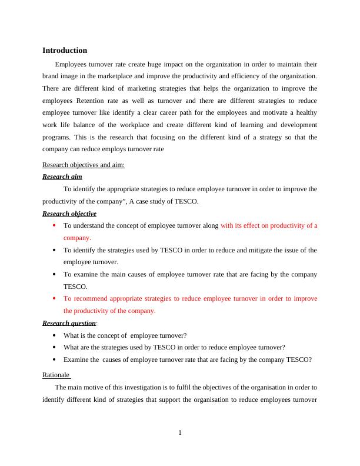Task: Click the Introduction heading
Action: (65, 51)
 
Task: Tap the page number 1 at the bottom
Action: (180, 433)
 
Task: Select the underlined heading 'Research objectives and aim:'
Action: (84, 165)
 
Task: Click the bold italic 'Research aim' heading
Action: (62, 177)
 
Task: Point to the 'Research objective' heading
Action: (69, 214)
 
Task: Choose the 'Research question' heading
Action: (69, 323)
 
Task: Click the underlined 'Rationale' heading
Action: (56, 375)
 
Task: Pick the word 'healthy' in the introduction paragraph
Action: (305, 113)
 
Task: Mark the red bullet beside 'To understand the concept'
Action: (54, 225)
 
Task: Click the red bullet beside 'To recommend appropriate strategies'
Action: (54, 299)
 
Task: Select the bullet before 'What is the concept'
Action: (54, 335)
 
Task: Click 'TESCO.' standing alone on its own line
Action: (75, 287)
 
